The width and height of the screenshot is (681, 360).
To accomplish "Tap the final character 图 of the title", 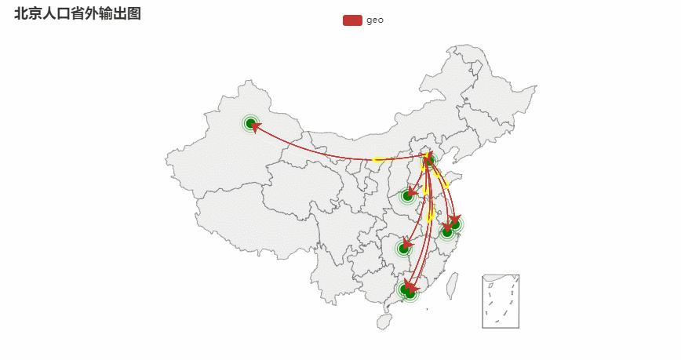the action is [x=134, y=13].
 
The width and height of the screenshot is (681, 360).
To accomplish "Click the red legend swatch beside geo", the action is [x=352, y=20].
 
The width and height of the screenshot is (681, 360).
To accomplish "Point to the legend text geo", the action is [x=375, y=20].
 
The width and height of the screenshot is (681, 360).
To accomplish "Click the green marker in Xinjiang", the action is [x=250, y=123].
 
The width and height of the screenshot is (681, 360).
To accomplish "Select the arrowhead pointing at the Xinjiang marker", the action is [x=256, y=126].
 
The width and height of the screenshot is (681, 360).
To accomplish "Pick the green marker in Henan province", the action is [x=407, y=196].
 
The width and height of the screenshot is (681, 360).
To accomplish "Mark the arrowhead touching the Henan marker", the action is [x=412, y=191].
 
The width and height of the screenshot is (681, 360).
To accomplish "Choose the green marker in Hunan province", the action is [x=403, y=249].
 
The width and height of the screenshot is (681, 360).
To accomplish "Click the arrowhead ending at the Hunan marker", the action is [x=407, y=243].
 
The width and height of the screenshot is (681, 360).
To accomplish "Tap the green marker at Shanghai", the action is [x=456, y=224].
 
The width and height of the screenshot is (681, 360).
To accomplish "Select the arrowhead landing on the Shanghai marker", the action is [x=455, y=219].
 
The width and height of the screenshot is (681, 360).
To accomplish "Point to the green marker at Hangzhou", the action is [x=447, y=233].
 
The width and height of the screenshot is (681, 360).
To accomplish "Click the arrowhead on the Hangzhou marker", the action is [x=447, y=227].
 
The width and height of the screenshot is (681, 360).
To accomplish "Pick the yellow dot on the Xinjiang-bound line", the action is [x=377, y=159].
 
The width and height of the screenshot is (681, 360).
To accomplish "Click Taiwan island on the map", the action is [x=452, y=285].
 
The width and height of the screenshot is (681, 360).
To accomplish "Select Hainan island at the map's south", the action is [x=384, y=322].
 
